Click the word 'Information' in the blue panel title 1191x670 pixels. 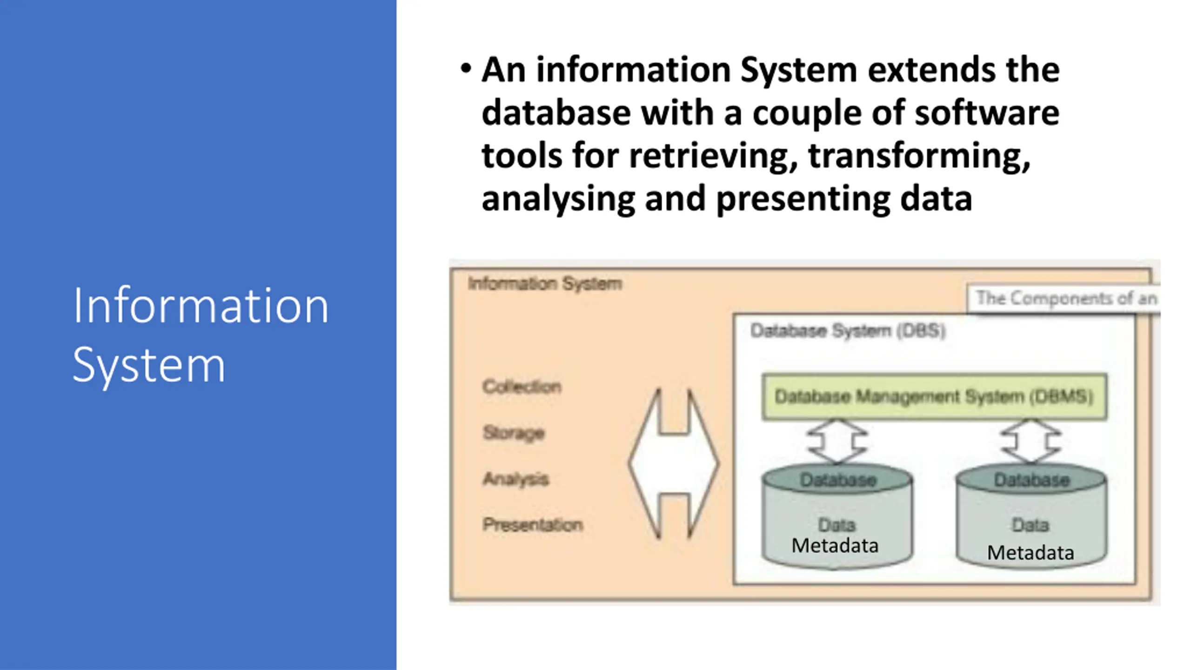point(201,306)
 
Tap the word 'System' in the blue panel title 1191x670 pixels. point(149,366)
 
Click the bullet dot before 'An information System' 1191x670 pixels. point(465,69)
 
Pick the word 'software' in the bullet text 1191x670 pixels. point(987,113)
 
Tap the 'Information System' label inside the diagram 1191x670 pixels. point(545,283)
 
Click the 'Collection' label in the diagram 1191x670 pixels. point(522,386)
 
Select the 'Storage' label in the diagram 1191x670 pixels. point(514,433)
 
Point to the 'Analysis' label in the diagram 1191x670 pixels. point(516,479)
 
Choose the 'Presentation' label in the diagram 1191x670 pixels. point(533,525)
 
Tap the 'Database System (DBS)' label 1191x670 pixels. point(848,331)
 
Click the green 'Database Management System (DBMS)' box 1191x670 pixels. point(934,397)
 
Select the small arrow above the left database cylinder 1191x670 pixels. point(836,441)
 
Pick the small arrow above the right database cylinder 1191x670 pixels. point(1031,441)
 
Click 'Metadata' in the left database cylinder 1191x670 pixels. point(835,546)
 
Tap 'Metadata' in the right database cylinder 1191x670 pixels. point(1030,553)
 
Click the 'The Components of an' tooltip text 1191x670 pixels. point(1066,298)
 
